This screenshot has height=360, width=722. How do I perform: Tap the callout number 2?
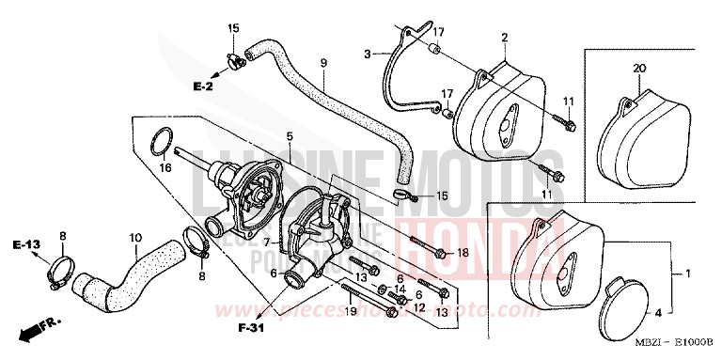click(504, 38)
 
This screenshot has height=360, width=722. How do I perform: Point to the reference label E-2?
click(204, 86)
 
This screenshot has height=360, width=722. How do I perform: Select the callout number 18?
click(462, 254)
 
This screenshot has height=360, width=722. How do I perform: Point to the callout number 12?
click(420, 307)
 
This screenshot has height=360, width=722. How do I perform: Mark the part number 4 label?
click(657, 311)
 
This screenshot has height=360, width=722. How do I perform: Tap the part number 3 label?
click(368, 54)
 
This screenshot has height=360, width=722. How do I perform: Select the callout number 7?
click(243, 243)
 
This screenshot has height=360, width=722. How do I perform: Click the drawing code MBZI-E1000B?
click(668, 350)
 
